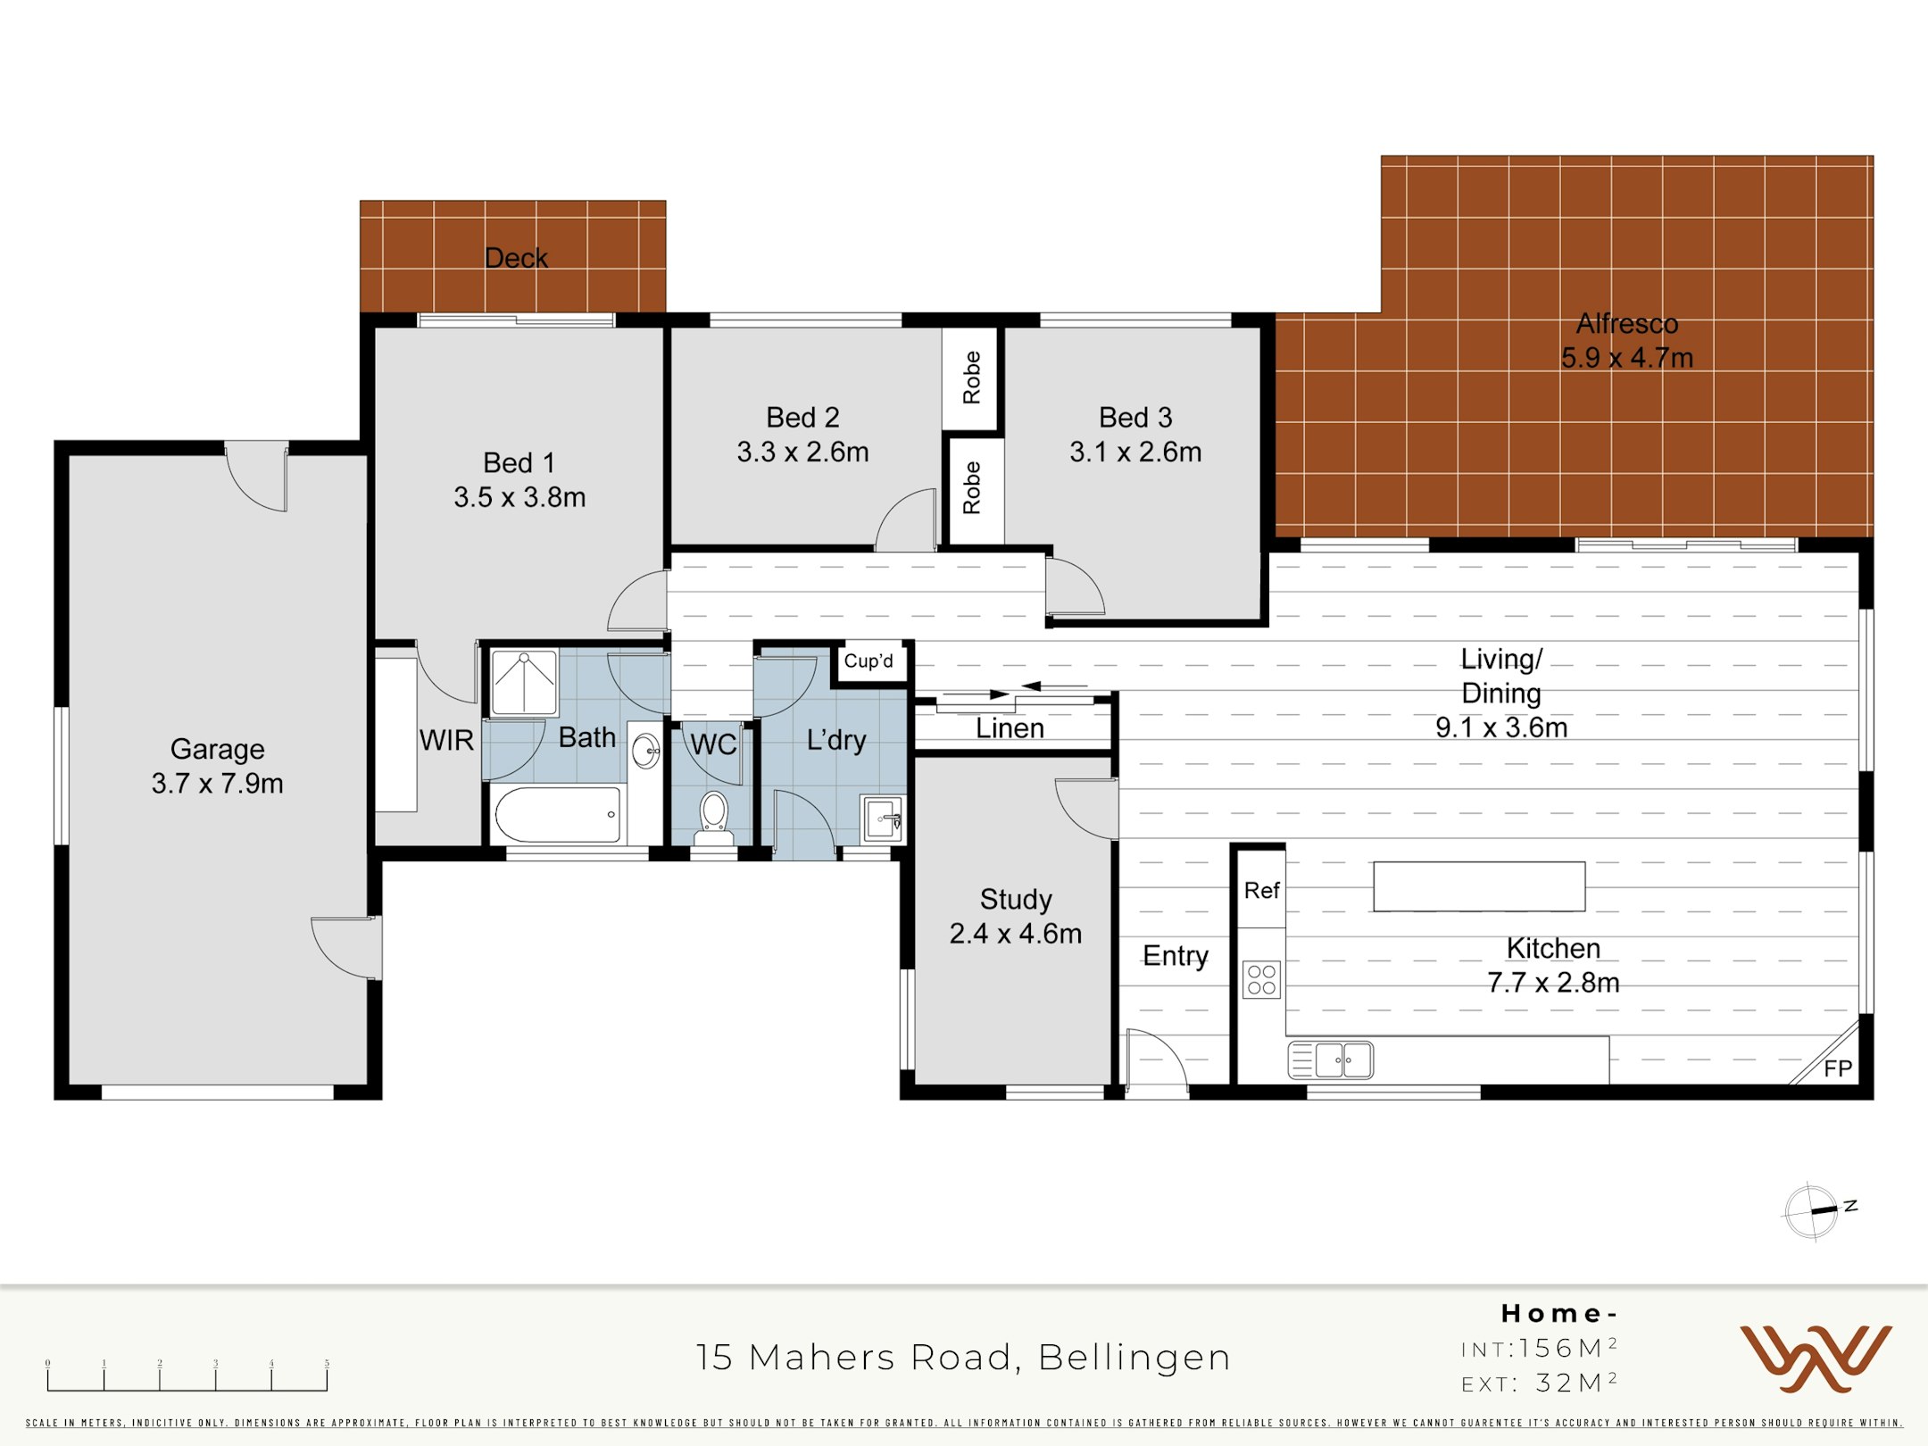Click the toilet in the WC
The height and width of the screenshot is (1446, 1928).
pyautogui.click(x=713, y=818)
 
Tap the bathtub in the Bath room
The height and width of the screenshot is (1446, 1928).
pyautogui.click(x=558, y=814)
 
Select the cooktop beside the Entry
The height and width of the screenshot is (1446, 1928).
pyautogui.click(x=1261, y=979)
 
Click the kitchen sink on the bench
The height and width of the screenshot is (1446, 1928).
pyautogui.click(x=1331, y=1060)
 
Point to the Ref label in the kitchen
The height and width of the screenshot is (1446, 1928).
pyautogui.click(x=1261, y=890)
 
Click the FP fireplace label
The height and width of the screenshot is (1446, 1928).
pyautogui.click(x=1838, y=1068)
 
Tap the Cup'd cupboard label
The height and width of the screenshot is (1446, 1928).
pyautogui.click(x=868, y=661)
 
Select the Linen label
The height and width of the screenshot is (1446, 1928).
pyautogui.click(x=1010, y=728)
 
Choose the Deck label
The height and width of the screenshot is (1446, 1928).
pyautogui.click(x=516, y=258)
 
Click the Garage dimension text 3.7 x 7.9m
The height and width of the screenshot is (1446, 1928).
pyautogui.click(x=217, y=783)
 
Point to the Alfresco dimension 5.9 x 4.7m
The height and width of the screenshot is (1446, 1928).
pyautogui.click(x=1626, y=357)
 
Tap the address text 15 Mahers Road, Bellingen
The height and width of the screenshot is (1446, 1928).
pyautogui.click(x=963, y=1357)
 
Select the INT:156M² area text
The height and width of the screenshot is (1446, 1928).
pyautogui.click(x=1540, y=1348)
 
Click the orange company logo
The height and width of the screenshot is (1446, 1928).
pyautogui.click(x=1816, y=1359)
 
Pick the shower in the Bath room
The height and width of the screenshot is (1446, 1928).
pyautogui.click(x=524, y=683)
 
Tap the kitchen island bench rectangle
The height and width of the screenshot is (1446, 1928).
pyautogui.click(x=1479, y=886)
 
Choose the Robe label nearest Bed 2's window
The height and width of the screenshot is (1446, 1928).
pyautogui.click(x=972, y=378)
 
